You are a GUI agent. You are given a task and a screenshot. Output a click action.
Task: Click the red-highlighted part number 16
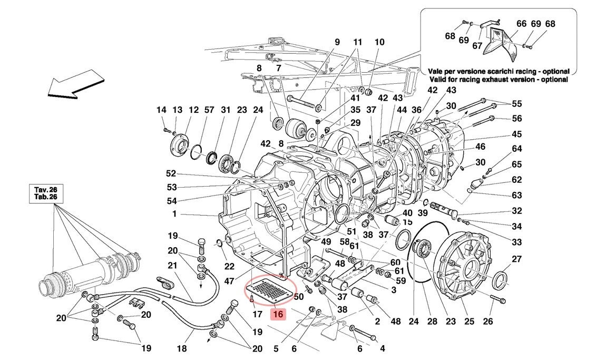tap(278, 315)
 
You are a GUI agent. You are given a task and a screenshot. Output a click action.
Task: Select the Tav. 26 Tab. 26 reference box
tap(46, 193)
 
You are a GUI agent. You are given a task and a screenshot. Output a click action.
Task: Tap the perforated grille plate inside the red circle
tap(271, 291)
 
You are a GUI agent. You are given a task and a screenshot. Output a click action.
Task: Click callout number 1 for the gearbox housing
tap(173, 215)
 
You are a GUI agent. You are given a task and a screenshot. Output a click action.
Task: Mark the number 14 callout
tap(161, 110)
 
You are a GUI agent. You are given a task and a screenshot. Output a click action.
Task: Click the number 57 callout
tap(209, 110)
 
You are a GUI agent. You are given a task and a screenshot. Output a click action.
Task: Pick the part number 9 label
tap(337, 42)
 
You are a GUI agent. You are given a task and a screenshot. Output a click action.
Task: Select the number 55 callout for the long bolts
tap(516, 104)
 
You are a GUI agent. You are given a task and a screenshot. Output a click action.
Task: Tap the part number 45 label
tap(516, 134)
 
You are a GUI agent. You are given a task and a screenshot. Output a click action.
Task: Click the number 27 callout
tap(516, 259)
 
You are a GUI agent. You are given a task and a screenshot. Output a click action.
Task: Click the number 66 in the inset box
tap(521, 24)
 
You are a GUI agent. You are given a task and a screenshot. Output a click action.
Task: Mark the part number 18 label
tap(181, 348)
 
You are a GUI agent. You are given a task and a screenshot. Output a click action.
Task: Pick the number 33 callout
tap(516, 243)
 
